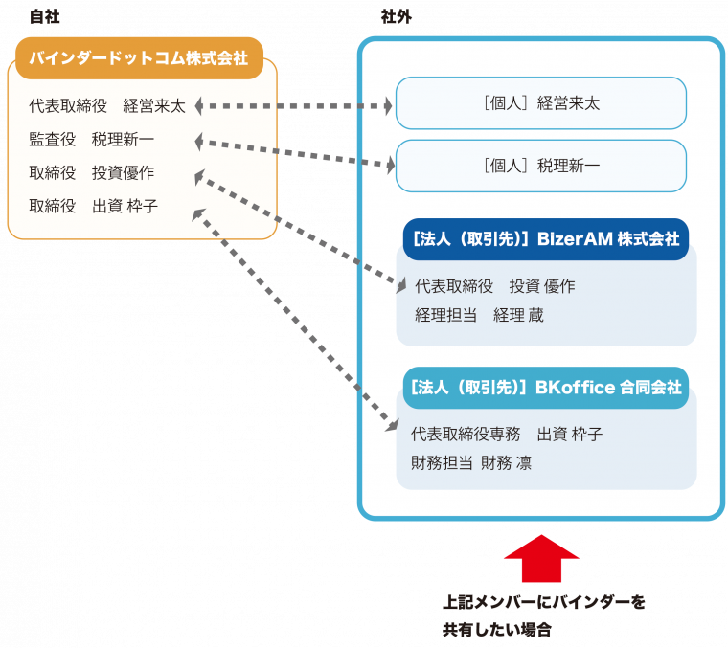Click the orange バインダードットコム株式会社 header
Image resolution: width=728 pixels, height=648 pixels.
click(x=138, y=58)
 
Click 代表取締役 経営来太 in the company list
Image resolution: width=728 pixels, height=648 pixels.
click(x=107, y=106)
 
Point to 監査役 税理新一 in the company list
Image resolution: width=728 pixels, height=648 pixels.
click(x=91, y=140)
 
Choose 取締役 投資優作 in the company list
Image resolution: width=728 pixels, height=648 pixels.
click(x=91, y=173)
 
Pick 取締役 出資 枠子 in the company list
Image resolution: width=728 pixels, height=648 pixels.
click(x=93, y=206)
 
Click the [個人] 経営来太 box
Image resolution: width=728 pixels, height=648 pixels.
click(x=541, y=103)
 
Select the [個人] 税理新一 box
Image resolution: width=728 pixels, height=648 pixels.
click(x=541, y=167)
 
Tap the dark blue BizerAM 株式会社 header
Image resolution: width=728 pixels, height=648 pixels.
click(x=545, y=239)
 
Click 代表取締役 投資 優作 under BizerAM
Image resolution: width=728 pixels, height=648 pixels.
click(x=494, y=285)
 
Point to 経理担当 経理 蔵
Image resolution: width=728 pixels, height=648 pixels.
click(x=479, y=315)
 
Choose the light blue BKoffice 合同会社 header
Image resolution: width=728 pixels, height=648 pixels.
click(x=545, y=388)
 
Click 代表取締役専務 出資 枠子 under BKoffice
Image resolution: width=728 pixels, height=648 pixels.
click(x=507, y=434)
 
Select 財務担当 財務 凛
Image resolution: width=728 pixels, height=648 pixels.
click(x=471, y=463)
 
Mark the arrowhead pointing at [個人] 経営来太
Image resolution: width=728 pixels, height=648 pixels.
click(x=387, y=106)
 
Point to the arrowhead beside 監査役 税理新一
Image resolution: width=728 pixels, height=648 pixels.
click(x=199, y=143)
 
